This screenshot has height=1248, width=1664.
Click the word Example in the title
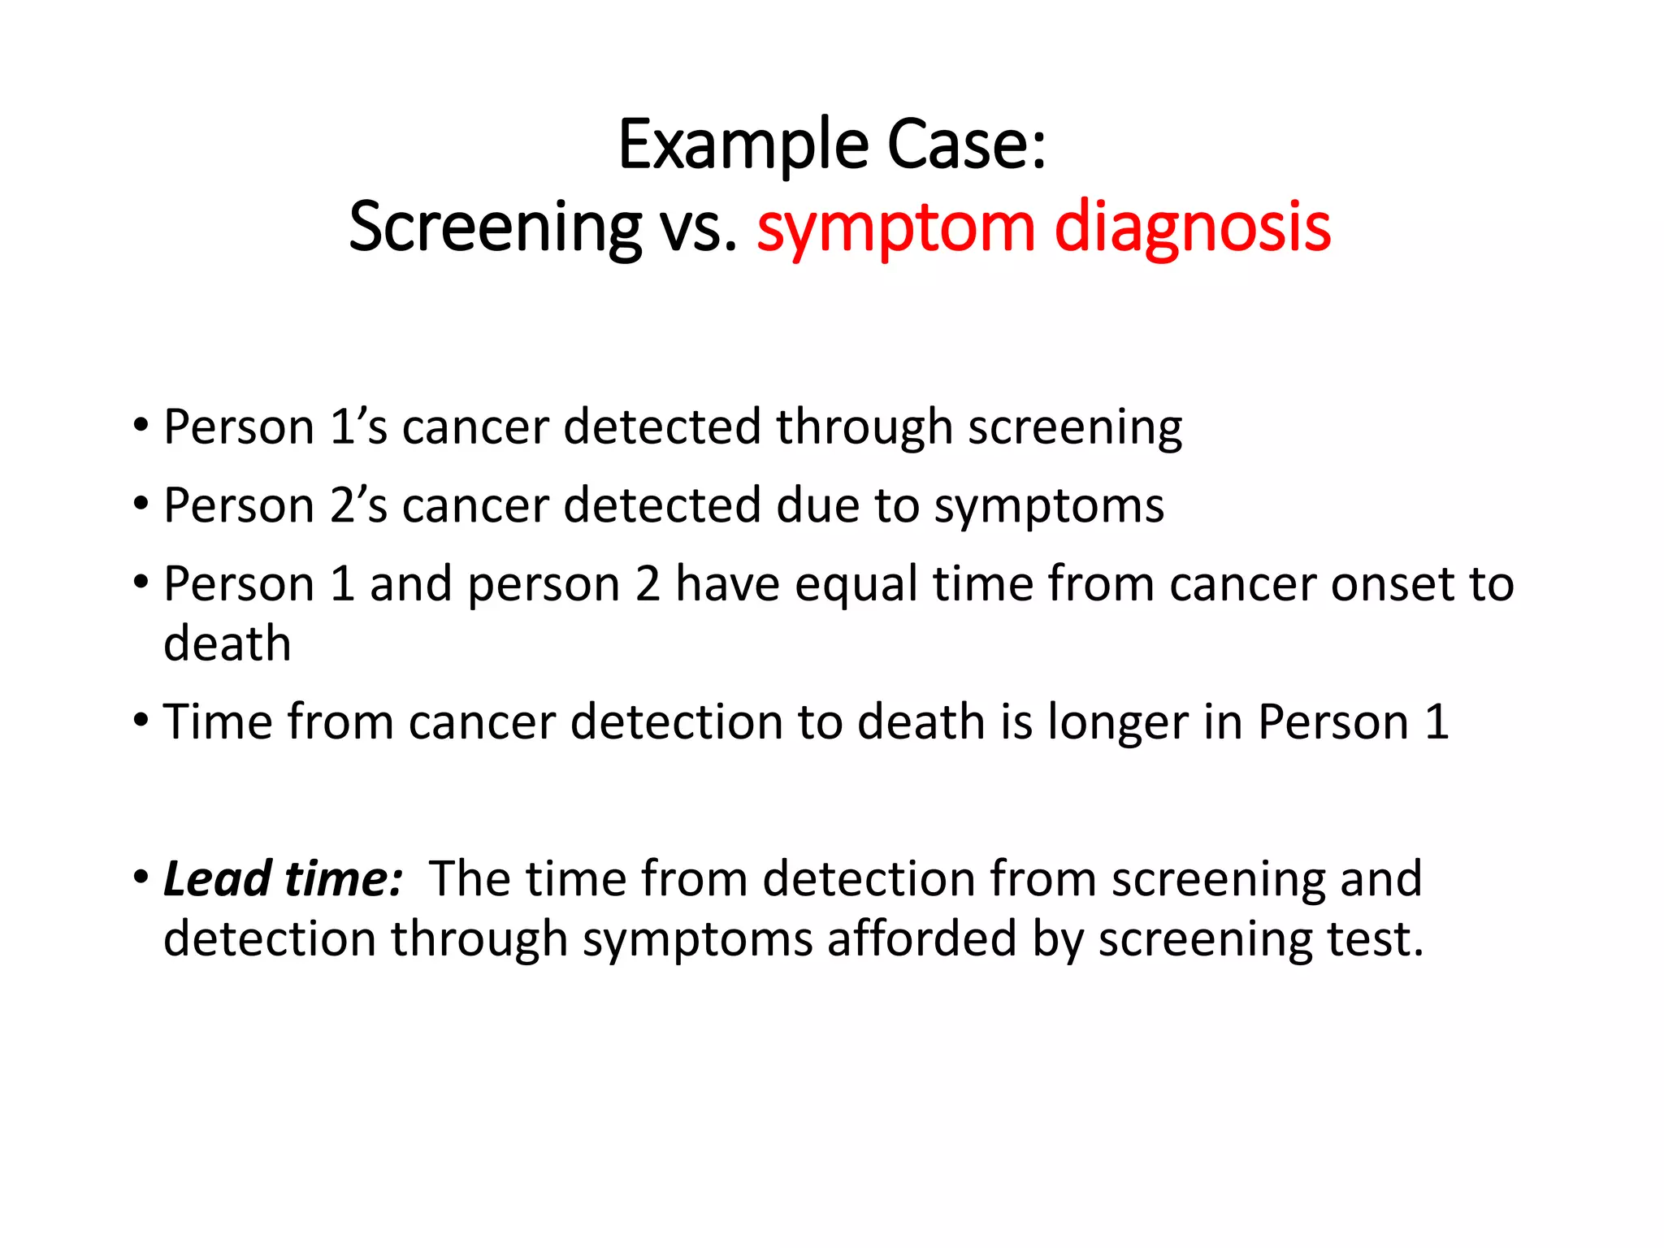click(x=743, y=146)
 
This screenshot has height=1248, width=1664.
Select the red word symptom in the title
click(x=895, y=230)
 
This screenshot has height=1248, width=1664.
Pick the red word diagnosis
click(x=1192, y=230)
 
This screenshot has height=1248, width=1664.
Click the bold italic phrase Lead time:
click(x=283, y=879)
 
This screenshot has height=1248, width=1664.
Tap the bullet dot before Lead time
click(x=141, y=877)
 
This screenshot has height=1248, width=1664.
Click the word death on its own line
click(x=227, y=643)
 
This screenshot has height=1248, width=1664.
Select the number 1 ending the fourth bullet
click(x=1436, y=721)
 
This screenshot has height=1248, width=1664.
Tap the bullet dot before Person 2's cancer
click(x=141, y=504)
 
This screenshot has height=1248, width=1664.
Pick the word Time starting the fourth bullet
click(x=217, y=721)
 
